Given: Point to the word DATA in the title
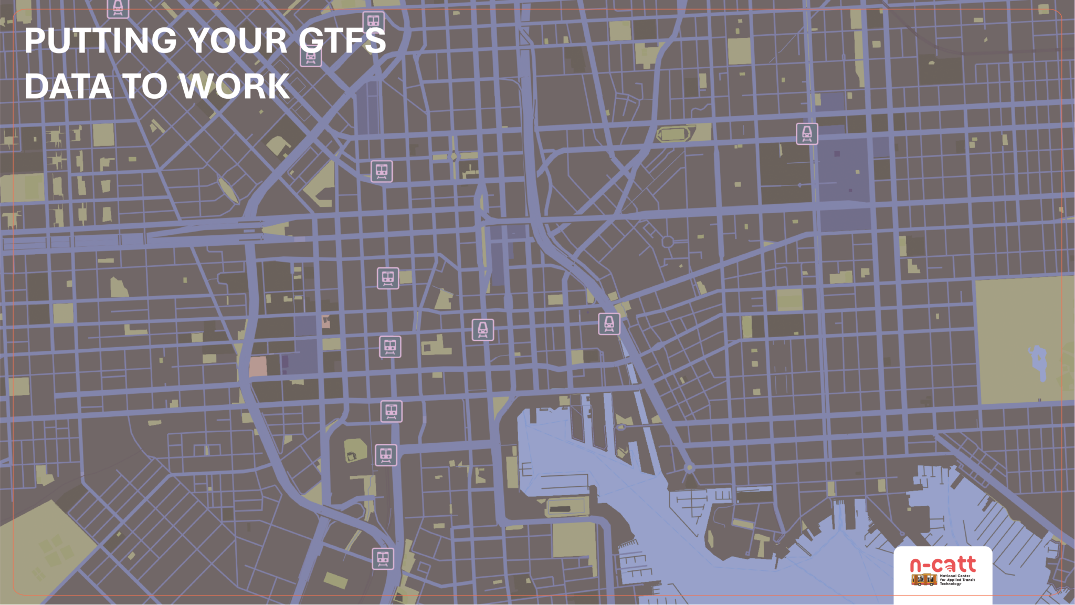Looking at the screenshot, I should [x=68, y=86].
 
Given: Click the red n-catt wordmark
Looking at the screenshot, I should [x=943, y=565].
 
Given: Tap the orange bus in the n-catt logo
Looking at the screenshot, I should [x=924, y=580].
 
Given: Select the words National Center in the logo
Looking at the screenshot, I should [x=955, y=576].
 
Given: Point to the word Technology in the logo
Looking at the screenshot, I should [x=950, y=584].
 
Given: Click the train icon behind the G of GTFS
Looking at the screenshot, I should [x=311, y=56].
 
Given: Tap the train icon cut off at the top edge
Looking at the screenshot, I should [x=118, y=7].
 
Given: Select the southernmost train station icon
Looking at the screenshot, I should [x=383, y=559].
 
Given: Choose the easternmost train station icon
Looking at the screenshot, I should [x=807, y=134].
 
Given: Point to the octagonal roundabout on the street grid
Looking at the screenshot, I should [x=667, y=242].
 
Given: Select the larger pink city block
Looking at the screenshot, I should [x=258, y=367].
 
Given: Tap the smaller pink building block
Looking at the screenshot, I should [x=326, y=322].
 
